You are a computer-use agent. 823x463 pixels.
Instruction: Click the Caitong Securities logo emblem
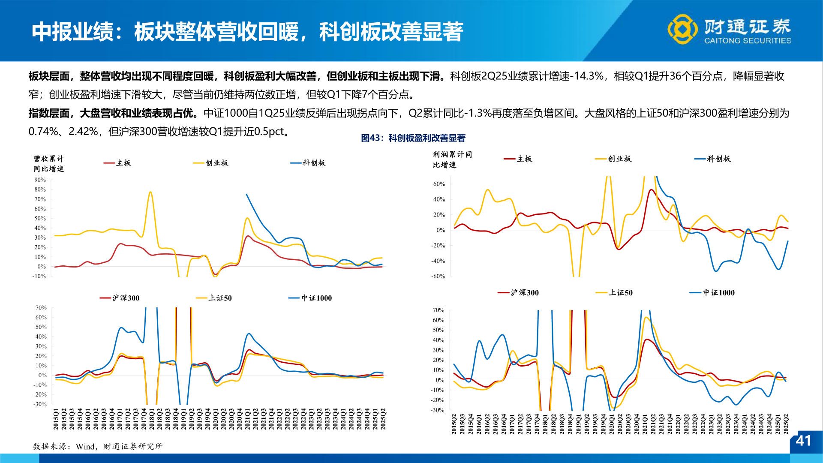click(682, 29)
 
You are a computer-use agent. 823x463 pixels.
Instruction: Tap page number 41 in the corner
click(803, 441)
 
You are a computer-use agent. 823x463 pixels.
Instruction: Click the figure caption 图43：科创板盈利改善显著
click(413, 138)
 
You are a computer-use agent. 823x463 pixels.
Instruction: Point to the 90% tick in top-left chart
click(40, 180)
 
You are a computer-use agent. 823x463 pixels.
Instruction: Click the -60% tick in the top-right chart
click(438, 277)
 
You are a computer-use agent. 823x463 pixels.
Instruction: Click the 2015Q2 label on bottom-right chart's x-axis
click(454, 424)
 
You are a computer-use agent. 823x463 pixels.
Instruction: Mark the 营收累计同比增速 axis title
click(48, 164)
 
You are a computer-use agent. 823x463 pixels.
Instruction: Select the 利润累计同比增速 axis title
click(452, 159)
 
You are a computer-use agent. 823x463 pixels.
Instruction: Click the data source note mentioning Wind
click(98, 446)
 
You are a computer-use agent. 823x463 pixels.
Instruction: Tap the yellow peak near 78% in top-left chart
click(150, 192)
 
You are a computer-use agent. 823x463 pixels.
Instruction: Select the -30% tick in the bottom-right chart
click(438, 410)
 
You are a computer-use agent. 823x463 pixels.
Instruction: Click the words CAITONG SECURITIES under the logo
click(748, 41)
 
